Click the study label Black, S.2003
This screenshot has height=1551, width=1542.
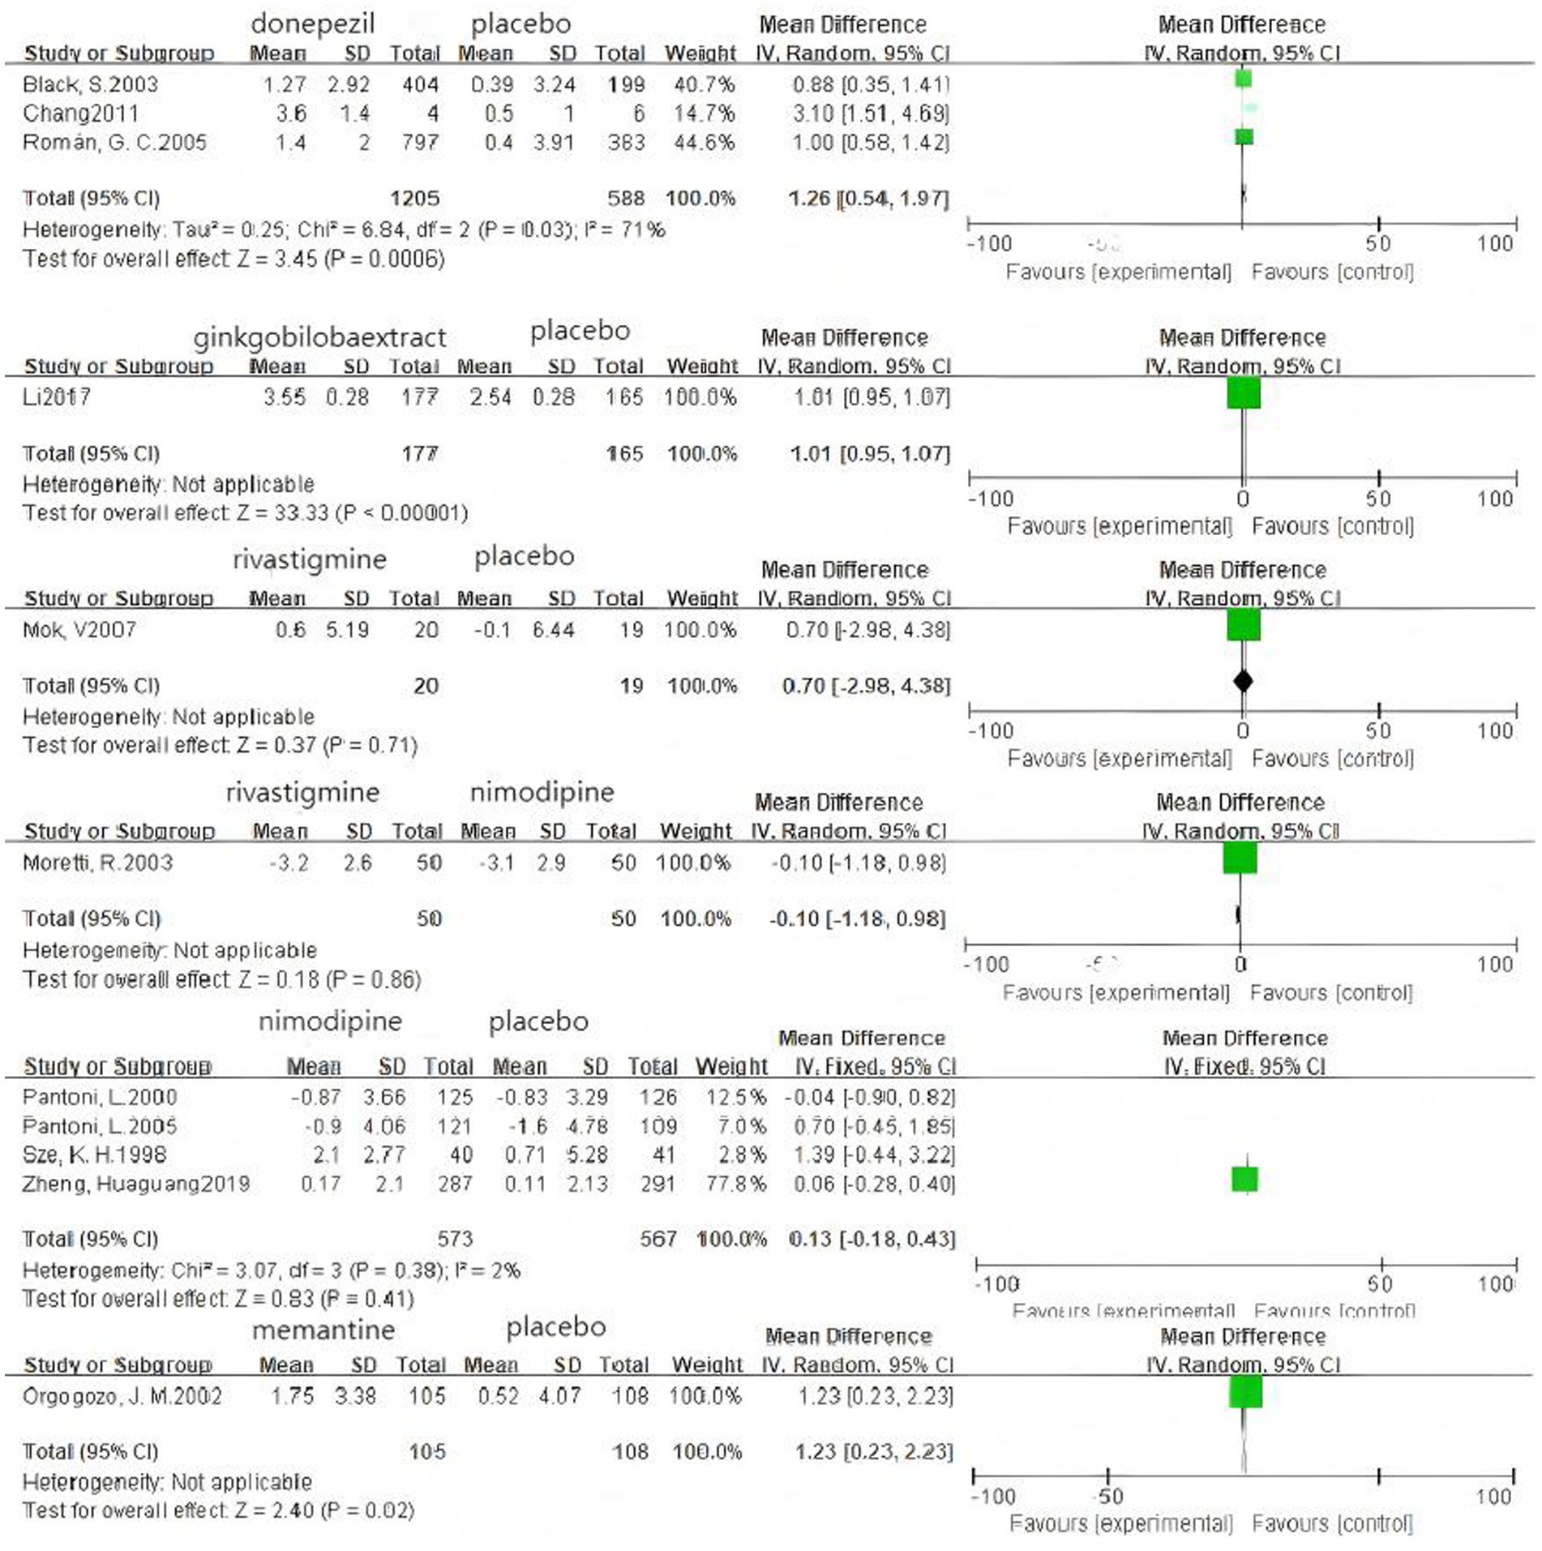(90, 84)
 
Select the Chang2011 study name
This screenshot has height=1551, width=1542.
(80, 114)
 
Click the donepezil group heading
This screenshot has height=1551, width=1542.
(312, 24)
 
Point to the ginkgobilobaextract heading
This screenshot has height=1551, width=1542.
(319, 336)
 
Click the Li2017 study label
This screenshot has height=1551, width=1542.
(57, 397)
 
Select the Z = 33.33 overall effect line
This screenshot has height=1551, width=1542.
(245, 513)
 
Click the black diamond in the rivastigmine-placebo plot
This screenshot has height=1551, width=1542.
(1243, 681)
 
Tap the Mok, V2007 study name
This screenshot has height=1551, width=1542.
(79, 630)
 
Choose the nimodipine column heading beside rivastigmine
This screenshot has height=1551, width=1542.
(542, 791)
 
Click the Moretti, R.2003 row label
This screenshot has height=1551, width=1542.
(97, 863)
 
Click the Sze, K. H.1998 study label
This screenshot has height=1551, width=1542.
(94, 1155)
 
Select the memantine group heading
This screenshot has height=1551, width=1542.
(323, 1330)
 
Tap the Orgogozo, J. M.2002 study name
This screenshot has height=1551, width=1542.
(122, 1396)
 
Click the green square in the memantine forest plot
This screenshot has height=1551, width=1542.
(1245, 1392)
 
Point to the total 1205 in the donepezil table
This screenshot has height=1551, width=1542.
(414, 199)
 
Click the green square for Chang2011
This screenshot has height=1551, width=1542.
(1250, 108)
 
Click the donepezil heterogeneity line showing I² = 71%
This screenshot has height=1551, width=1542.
(344, 230)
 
